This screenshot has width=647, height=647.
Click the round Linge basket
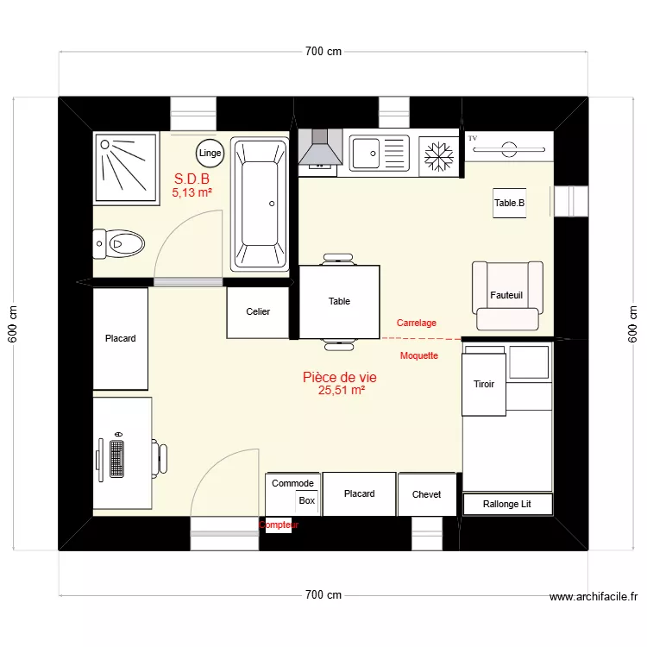pyautogui.click(x=210, y=153)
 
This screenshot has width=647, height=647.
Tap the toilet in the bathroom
pyautogui.click(x=118, y=244)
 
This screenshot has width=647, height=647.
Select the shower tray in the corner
pyautogui.click(x=126, y=167)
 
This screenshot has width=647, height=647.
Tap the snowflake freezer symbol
pyautogui.click(x=440, y=156)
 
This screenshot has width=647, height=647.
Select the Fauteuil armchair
pyautogui.click(x=508, y=295)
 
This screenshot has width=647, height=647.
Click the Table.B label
pyautogui.click(x=509, y=204)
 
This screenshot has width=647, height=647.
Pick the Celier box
pyautogui.click(x=258, y=312)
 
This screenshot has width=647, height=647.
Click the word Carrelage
pyautogui.click(x=417, y=323)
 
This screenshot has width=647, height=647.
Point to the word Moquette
pyautogui.click(x=419, y=355)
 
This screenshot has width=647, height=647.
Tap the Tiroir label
pyautogui.click(x=484, y=384)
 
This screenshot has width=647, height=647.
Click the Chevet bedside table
pyautogui.click(x=426, y=494)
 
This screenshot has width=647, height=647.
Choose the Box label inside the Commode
pyautogui.click(x=307, y=500)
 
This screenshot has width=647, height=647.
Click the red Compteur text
pyautogui.click(x=279, y=525)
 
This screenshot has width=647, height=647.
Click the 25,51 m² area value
pyautogui.click(x=341, y=390)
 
